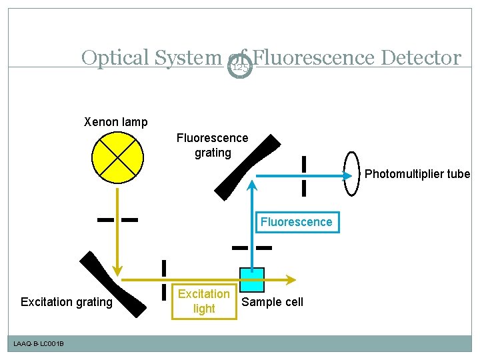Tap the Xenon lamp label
coord(115,122)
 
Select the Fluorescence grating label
coord(212,145)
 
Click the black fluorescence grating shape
coord(247,166)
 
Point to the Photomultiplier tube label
coord(417,174)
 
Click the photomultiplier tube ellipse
coord(351,174)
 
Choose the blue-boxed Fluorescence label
coord(296,222)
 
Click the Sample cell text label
coord(272,302)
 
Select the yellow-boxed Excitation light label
coord(204,301)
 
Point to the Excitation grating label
coord(67,302)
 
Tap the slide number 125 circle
coord(241,67)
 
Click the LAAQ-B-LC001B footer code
coord(39,343)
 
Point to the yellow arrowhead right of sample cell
coord(292,279)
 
